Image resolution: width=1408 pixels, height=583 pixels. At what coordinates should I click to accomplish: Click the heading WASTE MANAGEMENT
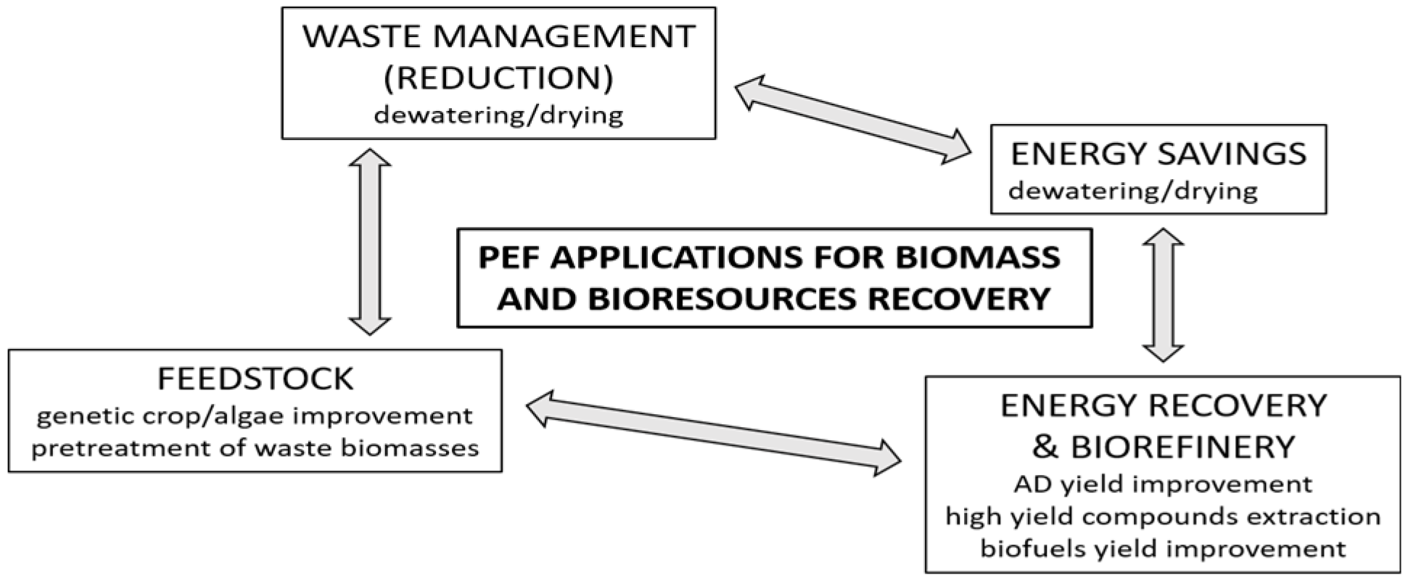[x=498, y=37]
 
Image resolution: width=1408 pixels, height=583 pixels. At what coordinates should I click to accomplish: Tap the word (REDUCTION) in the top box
[x=498, y=78]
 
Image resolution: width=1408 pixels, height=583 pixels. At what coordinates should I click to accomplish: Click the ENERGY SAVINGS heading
[x=1158, y=154]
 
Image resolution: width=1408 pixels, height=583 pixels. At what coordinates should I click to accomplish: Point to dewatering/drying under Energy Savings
[x=1132, y=191]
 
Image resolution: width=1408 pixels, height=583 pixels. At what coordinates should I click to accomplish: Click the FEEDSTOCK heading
[x=255, y=379]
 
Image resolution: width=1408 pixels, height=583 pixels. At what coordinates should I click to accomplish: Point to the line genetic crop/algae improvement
[x=255, y=416]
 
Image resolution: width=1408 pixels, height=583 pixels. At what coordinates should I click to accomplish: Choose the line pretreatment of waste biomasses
[x=255, y=448]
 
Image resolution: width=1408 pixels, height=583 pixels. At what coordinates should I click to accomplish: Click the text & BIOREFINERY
[x=1163, y=447]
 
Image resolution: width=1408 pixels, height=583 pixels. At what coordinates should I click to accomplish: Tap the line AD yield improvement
[x=1163, y=484]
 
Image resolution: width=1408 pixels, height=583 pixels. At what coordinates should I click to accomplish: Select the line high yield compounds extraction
[x=1163, y=516]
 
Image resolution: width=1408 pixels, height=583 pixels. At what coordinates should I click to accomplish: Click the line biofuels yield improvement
[x=1163, y=548]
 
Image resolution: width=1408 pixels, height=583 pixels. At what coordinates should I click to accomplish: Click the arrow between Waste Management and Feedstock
[x=370, y=242]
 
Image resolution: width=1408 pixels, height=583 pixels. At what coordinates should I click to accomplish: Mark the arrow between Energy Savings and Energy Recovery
[x=1164, y=294]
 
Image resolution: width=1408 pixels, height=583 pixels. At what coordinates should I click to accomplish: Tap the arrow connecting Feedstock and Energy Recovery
[x=712, y=432]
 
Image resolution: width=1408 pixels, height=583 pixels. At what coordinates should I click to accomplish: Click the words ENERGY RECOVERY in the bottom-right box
[x=1163, y=406]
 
